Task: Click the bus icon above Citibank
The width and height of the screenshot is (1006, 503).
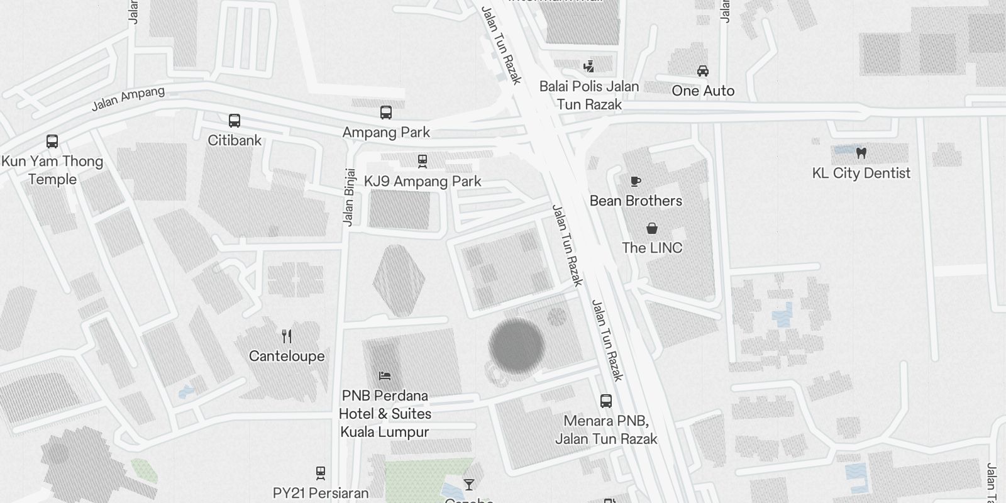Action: coord(235,120)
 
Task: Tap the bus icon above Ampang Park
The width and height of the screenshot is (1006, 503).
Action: coord(386,113)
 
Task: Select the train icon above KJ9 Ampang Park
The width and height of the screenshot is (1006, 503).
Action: coord(423,162)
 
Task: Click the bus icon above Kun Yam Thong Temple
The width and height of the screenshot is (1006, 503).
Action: coord(52,141)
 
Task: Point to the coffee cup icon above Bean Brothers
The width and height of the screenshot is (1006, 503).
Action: coord(636,182)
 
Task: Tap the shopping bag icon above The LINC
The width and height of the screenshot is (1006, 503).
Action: coord(652,228)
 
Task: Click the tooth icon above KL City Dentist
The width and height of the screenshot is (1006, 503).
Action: coord(861,153)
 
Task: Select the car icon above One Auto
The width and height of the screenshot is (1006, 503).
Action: coord(703,71)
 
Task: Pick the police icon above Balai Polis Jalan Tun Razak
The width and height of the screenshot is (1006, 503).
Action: coord(589,67)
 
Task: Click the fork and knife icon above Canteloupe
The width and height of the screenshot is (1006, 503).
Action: coord(287,336)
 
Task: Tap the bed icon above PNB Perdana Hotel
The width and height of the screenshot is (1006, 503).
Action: coord(385,376)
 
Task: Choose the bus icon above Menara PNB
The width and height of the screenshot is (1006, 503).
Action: coord(606,401)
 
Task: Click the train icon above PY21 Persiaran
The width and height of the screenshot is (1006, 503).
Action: coord(321,473)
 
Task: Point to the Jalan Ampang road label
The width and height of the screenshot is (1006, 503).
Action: coord(128,98)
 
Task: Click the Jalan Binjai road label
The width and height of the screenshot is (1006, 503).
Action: coord(349,197)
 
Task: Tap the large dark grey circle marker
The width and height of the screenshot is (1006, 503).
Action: coord(517,346)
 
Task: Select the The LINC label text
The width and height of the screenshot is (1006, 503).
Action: coord(652,248)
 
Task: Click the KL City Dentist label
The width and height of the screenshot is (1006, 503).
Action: coord(861,173)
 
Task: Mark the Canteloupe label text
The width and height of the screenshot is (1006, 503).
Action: coord(287,356)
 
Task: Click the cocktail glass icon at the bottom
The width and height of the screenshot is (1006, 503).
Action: coord(469,485)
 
